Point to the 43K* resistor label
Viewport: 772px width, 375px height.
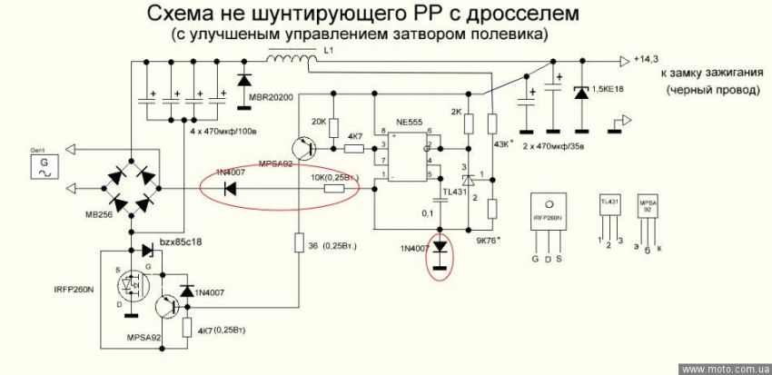505,146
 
